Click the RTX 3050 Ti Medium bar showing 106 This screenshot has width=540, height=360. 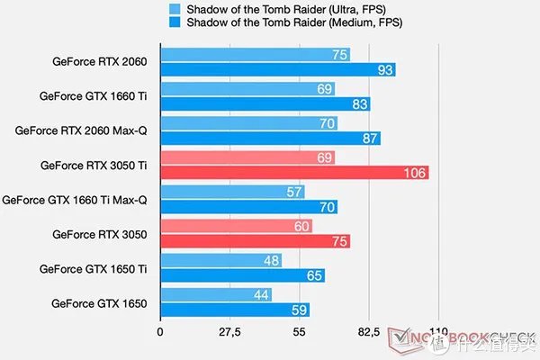pos(293,173)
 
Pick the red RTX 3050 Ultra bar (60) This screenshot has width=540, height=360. pos(236,226)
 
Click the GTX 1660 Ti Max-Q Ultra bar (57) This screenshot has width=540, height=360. pos(232,192)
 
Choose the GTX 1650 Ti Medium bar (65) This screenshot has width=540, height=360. pos(241,275)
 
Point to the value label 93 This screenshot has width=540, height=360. pos(384,70)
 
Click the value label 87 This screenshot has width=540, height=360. pos(369,139)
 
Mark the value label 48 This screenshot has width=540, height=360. pos(270,260)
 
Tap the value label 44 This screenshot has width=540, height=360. pos(260,294)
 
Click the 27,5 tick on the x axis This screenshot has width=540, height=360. pos(229,333)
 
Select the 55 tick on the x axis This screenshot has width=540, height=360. pos(299,333)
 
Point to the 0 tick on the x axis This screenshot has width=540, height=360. pos(160,333)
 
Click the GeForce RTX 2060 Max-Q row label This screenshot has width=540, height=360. pos(81,130)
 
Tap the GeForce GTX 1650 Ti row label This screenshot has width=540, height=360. pos(94,268)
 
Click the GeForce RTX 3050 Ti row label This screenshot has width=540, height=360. pos(94,165)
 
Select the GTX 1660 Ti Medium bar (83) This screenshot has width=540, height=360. pos(265,104)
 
